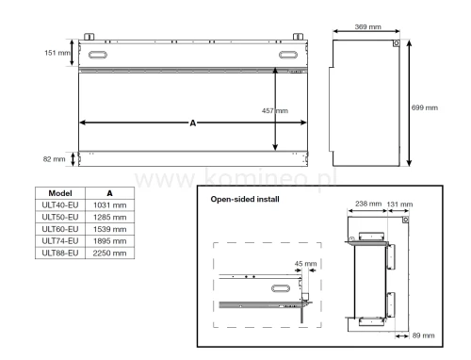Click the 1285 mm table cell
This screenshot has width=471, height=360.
point(112,217)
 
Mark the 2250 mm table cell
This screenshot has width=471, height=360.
point(112,254)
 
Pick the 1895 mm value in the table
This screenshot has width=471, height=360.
point(112,241)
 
